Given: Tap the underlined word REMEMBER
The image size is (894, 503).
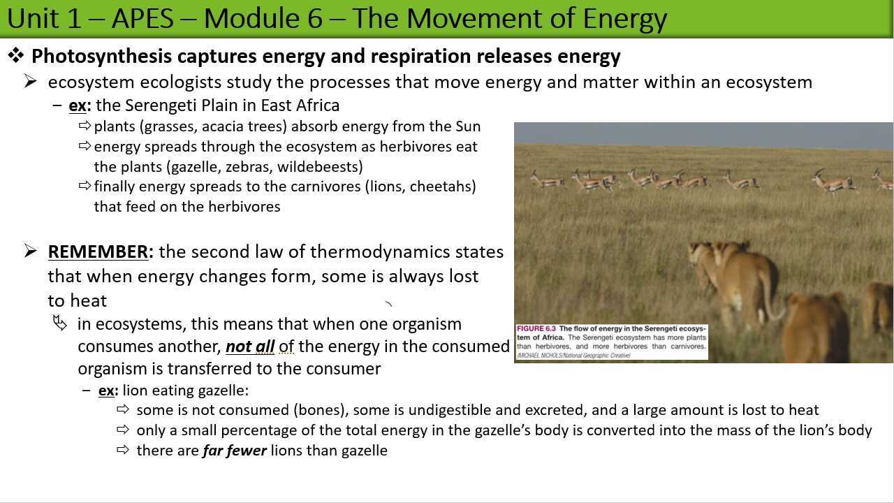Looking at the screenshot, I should [x=98, y=251].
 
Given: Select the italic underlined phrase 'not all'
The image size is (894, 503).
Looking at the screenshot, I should [x=249, y=347].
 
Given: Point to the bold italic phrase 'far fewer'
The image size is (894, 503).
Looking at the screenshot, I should [x=234, y=451].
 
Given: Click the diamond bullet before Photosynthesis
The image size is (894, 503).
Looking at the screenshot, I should [x=15, y=55].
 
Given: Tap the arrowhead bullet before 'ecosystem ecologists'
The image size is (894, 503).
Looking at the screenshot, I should [x=30, y=82].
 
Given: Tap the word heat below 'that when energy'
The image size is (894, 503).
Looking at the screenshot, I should [x=88, y=301].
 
